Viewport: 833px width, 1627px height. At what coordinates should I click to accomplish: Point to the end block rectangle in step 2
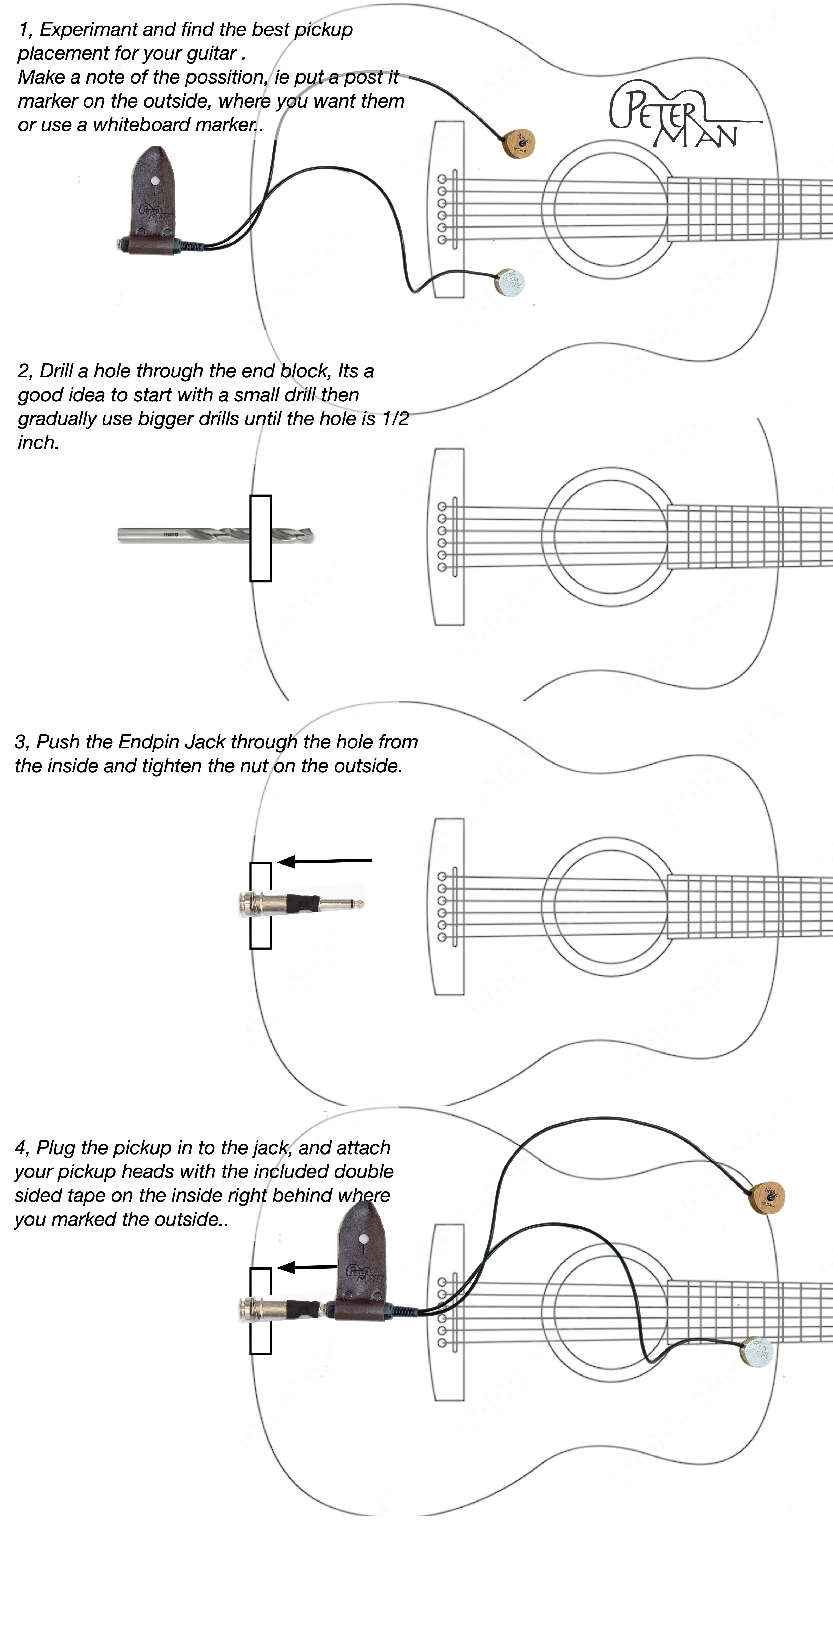point(261,538)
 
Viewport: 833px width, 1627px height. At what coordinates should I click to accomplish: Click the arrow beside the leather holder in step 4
point(308,1267)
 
